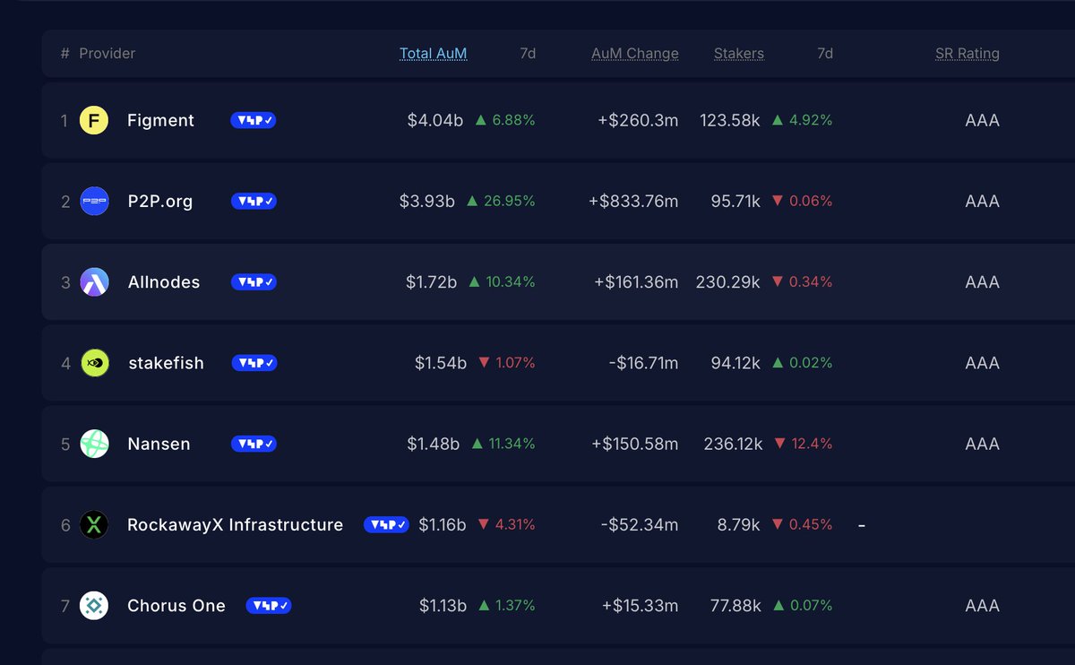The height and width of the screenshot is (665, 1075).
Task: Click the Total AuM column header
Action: coord(433,54)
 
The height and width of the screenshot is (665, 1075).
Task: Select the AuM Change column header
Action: coord(634,54)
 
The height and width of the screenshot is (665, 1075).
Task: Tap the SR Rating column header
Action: coord(967,54)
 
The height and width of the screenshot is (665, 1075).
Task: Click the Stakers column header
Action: coord(738,54)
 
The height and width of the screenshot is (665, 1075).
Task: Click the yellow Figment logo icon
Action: coord(94,120)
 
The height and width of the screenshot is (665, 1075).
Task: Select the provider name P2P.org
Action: coord(159,202)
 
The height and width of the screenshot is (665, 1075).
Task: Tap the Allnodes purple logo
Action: coord(94,282)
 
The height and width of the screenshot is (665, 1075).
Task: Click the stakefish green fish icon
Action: coord(94,363)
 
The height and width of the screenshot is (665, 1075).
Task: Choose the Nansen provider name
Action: coord(159,444)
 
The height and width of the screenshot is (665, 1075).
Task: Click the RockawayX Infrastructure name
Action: coord(235,525)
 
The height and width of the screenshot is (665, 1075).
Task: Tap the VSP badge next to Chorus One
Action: coord(269,606)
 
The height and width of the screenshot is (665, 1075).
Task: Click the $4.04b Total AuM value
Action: coord(434,120)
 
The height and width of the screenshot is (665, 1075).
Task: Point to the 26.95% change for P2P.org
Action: coord(502,202)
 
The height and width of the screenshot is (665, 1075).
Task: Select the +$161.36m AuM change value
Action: coord(636,282)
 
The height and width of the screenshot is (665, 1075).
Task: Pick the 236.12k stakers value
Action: coord(732,444)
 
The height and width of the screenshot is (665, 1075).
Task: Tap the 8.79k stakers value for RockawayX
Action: coord(738,525)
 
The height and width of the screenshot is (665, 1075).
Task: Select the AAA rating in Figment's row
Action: coord(982,120)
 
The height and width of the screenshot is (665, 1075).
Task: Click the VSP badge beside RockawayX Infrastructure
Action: coord(386,525)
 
